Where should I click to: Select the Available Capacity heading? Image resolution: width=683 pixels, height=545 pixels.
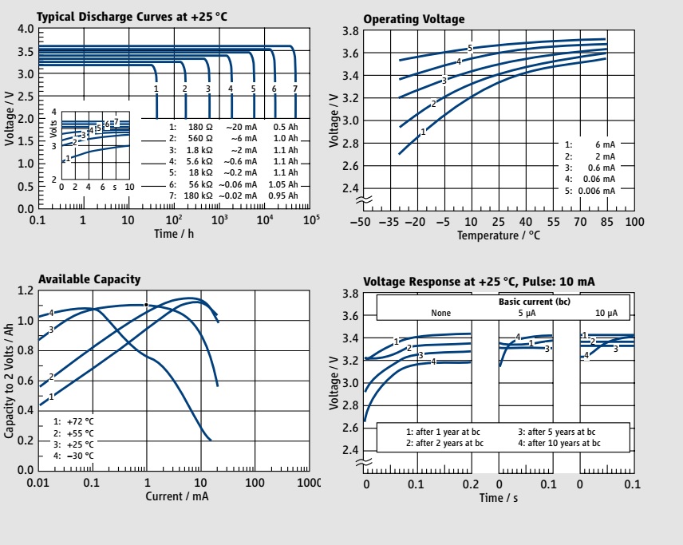[x=89, y=279]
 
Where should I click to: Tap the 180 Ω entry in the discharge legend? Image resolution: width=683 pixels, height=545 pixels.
[x=199, y=127]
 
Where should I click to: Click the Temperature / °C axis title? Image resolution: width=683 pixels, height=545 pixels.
[x=499, y=236]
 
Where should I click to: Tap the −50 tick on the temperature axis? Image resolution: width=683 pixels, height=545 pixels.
[x=363, y=221]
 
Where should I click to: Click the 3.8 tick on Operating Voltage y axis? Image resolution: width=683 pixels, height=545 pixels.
[x=349, y=31]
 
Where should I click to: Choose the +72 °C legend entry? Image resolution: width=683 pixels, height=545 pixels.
[x=79, y=421]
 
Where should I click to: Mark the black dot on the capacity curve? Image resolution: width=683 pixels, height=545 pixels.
[x=146, y=305]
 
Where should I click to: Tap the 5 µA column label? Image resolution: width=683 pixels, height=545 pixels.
[x=526, y=313]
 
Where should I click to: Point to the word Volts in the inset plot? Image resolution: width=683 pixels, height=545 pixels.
[x=54, y=128]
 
